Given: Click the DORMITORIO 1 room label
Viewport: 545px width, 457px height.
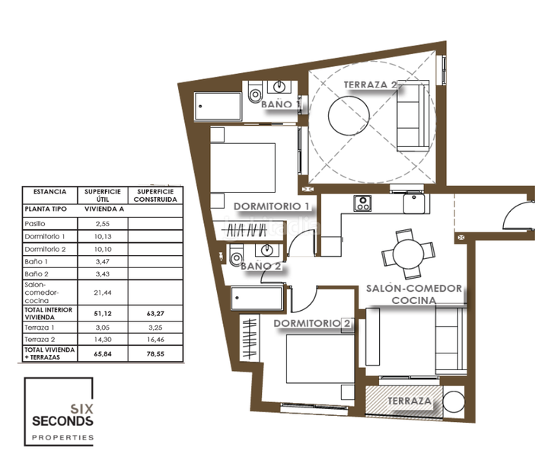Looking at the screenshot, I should coord(272,206).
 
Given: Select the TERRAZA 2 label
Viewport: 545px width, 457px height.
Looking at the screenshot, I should coord(371,84).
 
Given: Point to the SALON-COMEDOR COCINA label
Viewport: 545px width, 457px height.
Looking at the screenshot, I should coord(413,294).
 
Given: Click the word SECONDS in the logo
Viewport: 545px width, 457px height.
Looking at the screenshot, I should coord(62,420).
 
